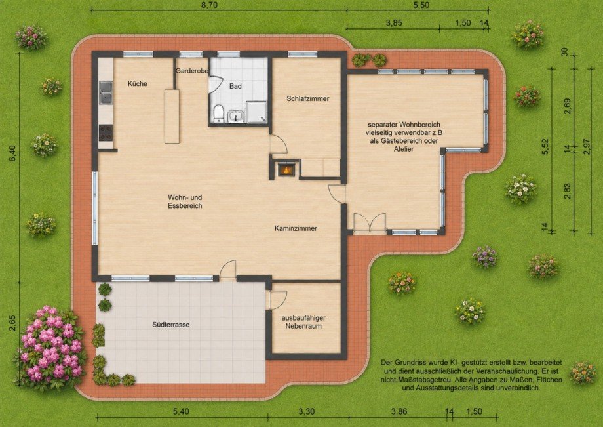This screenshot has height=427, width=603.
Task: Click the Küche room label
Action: [x=137, y=83]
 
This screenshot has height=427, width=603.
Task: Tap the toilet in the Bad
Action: [x=218, y=113]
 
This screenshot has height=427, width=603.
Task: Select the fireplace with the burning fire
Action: [x=284, y=169]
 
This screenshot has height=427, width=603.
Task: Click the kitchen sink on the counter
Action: [x=106, y=92]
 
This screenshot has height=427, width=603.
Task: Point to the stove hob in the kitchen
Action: [x=106, y=132]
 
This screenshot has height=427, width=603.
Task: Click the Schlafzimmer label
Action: [x=307, y=98]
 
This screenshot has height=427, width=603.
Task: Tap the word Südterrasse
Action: [x=171, y=324]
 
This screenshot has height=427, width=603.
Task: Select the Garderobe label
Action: [x=192, y=71]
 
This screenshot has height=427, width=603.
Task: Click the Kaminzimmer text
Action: [x=296, y=228]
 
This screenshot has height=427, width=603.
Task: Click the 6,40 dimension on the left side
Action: [x=12, y=153]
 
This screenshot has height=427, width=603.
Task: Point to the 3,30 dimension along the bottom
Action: [x=307, y=411]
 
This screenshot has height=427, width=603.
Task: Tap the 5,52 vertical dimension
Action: [x=545, y=146]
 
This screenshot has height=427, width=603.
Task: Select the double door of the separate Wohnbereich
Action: [x=370, y=222]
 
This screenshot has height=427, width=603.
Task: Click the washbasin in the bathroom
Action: [x=235, y=116]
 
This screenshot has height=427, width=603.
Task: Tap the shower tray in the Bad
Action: [x=256, y=112]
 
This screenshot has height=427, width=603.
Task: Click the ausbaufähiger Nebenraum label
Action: [x=303, y=322]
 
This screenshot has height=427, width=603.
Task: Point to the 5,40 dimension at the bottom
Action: [x=181, y=411]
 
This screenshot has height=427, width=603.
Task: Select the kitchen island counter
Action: [x=172, y=116]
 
